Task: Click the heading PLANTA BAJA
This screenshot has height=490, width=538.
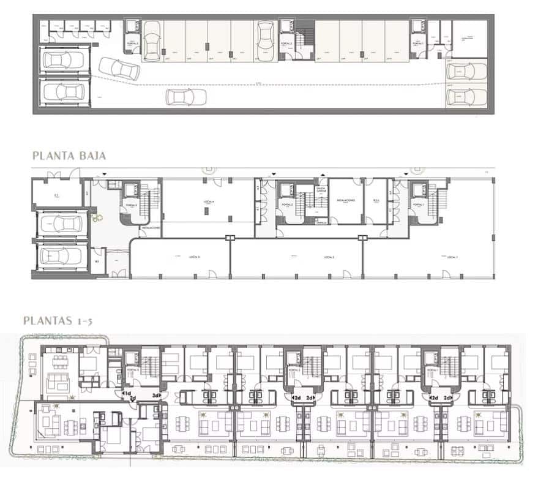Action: [x=69, y=156]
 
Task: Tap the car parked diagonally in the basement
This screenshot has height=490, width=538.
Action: [x=118, y=68]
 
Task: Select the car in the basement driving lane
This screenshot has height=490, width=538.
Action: [x=184, y=97]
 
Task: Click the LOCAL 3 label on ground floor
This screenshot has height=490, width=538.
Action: [x=179, y=255]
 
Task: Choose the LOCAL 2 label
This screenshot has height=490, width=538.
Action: [x=328, y=255]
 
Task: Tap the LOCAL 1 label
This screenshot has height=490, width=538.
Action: [x=452, y=255]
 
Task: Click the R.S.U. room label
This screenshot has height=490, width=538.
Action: [x=376, y=200]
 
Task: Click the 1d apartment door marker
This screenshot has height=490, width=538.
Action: [x=127, y=393]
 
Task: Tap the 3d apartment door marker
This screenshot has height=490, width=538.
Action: [x=157, y=396]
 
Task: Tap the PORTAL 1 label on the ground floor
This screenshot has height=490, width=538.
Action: [x=419, y=205]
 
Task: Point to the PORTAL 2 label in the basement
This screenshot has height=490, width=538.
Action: [x=285, y=45]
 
